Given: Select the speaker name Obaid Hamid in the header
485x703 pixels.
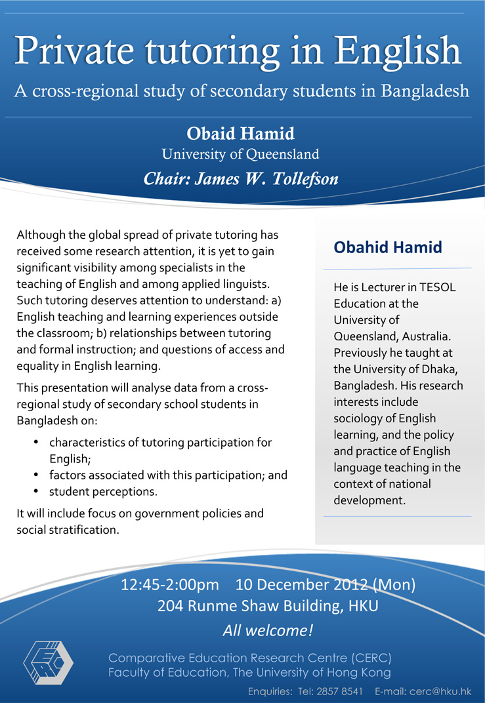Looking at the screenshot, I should pos(241,134).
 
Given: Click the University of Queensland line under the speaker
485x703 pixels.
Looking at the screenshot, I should pos(241,155).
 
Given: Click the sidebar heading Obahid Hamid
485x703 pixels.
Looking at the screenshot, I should pos(388,247).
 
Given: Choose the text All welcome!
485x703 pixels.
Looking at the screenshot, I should pos(268,631).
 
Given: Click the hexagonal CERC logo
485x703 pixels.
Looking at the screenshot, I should pos(48,662).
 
